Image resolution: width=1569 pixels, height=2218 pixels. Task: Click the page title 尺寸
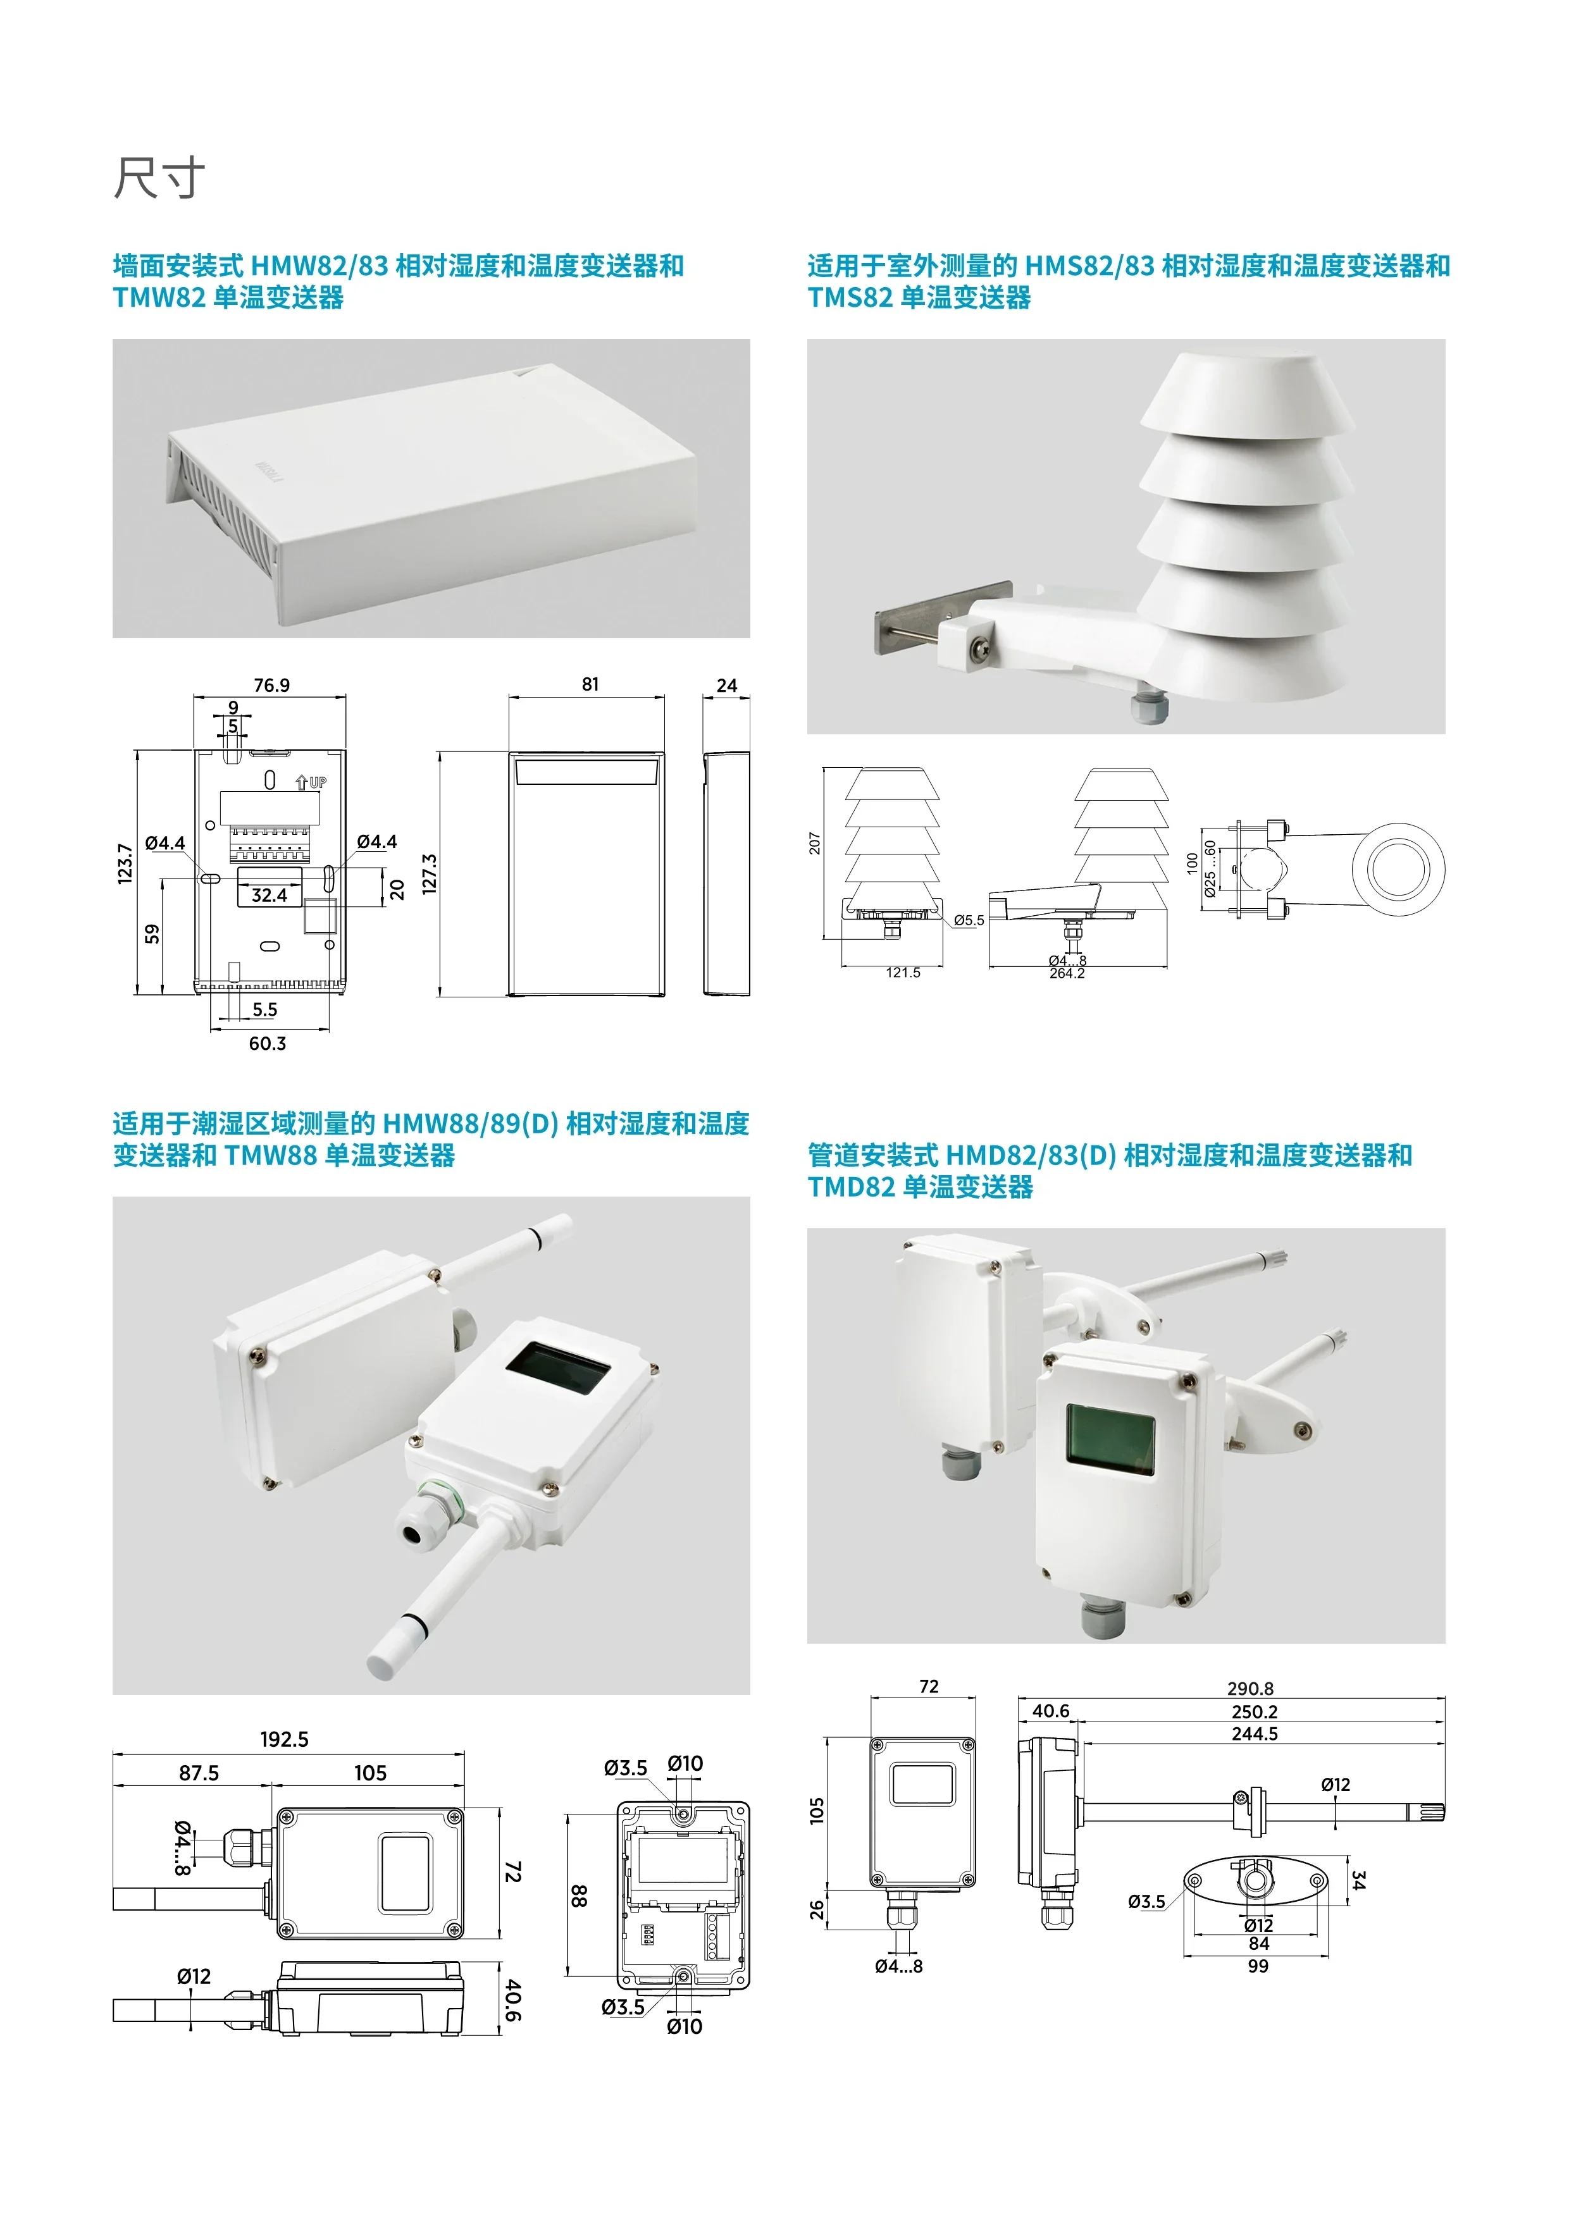point(159,179)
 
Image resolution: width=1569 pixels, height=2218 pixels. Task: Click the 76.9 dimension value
point(271,685)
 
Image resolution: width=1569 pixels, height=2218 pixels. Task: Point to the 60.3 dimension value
point(268,1044)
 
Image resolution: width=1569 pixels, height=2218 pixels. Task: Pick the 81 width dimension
point(590,684)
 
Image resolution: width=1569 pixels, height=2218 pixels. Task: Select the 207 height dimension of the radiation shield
point(814,843)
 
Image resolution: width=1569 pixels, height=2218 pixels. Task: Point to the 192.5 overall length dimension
point(284,1739)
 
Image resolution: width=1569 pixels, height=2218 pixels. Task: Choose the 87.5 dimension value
point(199,1773)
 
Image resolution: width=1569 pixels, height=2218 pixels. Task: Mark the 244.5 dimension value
point(1254,1733)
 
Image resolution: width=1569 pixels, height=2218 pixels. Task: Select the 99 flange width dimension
point(1258,1966)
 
